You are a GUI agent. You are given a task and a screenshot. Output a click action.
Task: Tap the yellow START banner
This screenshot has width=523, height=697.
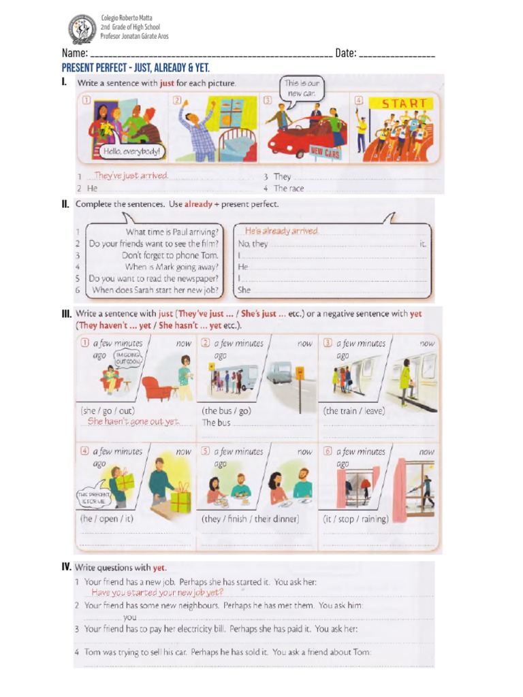404,104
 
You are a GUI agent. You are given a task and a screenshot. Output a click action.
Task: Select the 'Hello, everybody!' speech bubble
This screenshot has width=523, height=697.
132,151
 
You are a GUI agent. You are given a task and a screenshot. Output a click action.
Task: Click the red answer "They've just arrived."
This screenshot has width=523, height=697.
131,176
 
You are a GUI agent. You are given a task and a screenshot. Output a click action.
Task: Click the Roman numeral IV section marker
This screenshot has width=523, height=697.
66,566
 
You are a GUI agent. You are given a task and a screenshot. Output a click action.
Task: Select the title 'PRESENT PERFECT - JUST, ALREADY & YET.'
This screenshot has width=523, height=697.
136,68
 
